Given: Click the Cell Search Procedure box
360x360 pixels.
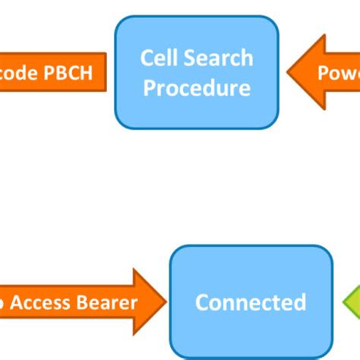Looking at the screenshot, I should pos(197,72).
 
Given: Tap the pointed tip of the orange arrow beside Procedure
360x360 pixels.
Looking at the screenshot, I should pos(289,73).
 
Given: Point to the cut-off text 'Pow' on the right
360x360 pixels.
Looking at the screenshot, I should pos(338,73).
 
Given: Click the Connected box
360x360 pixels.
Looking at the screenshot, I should pos(251,302).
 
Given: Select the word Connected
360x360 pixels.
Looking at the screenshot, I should pos(251,302).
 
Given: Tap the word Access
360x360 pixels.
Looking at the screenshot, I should pos(44,303).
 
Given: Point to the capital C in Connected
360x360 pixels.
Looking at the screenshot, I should pos(202,302).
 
